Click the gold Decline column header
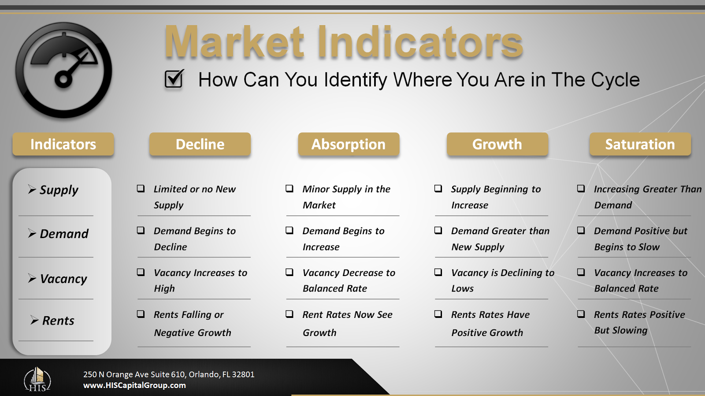pyautogui.click(x=200, y=144)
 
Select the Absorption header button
pyautogui.click(x=349, y=144)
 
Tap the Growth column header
pyautogui.click(x=497, y=144)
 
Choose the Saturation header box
pyautogui.click(x=640, y=144)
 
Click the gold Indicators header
pyautogui.click(x=63, y=144)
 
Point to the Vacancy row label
pyautogui.click(x=63, y=279)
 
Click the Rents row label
pyautogui.click(x=58, y=321)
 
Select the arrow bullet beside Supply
pyautogui.click(x=32, y=189)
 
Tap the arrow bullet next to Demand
pyautogui.click(x=32, y=233)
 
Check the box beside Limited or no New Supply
pyautogui.click(x=141, y=189)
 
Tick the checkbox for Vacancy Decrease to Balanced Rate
pyautogui.click(x=289, y=272)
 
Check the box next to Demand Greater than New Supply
pyautogui.click(x=438, y=230)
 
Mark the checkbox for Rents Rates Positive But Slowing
pyautogui.click(x=581, y=314)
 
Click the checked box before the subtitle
pyautogui.click(x=174, y=79)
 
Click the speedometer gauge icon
pyautogui.click(x=64, y=71)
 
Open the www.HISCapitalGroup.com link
pyautogui.click(x=134, y=385)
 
